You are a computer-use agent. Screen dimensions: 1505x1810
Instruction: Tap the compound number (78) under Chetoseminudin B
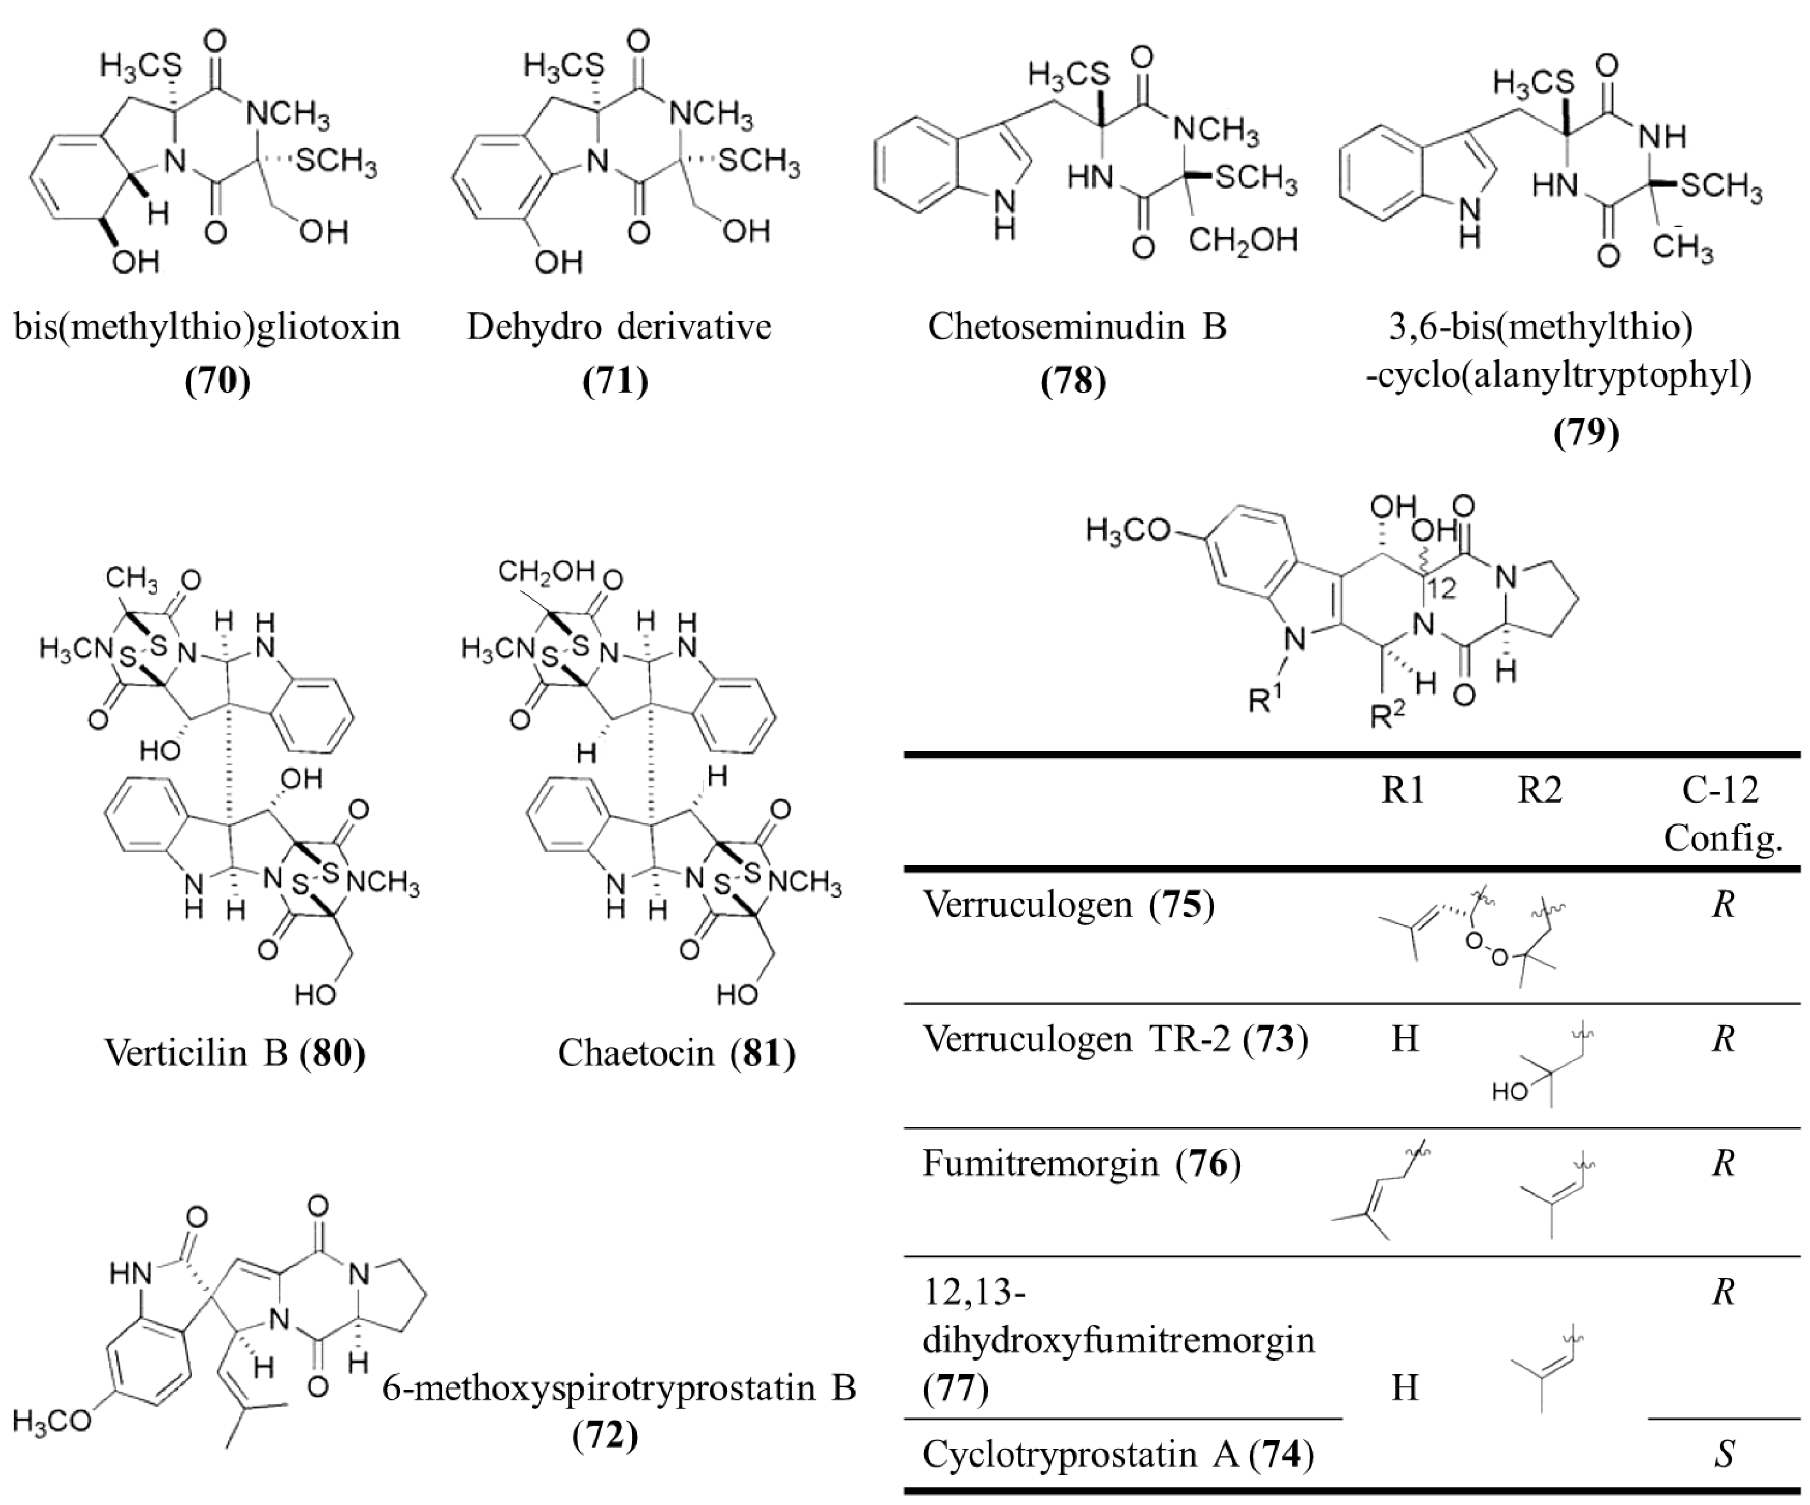pyautogui.click(x=1073, y=380)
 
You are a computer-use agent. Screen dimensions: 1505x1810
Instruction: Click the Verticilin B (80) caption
pyautogui.click(x=235, y=1052)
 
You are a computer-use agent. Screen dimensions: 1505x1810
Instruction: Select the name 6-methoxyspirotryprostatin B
pyautogui.click(x=619, y=1388)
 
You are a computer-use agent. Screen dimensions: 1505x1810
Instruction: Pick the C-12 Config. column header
pyautogui.click(x=1722, y=813)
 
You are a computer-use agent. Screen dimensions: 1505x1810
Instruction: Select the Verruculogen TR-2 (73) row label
pyautogui.click(x=1115, y=1039)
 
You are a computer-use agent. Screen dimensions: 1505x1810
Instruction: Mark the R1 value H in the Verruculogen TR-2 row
pyautogui.click(x=1405, y=1039)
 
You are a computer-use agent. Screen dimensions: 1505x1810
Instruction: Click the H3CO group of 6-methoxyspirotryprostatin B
pyautogui.click(x=52, y=1422)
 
